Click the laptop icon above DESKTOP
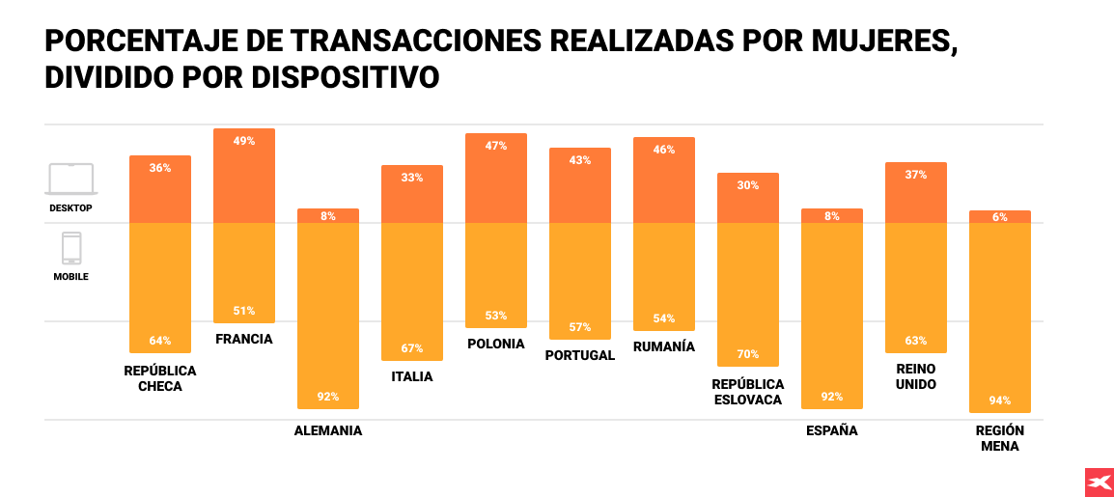71,179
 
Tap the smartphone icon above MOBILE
71,248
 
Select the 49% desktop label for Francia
244,141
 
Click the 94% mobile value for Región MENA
1000,400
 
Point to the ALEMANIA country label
328,431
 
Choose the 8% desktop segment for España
832,216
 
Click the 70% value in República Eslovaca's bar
747,354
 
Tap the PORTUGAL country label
579,355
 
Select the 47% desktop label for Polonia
496,146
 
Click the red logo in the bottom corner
1099,482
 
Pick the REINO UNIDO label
915,376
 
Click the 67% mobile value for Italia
412,348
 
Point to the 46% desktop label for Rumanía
664,150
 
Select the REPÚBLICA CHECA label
160,378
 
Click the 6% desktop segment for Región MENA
1000,217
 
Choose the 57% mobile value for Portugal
580,327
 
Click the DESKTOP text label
70,207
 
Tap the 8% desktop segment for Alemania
328,216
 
